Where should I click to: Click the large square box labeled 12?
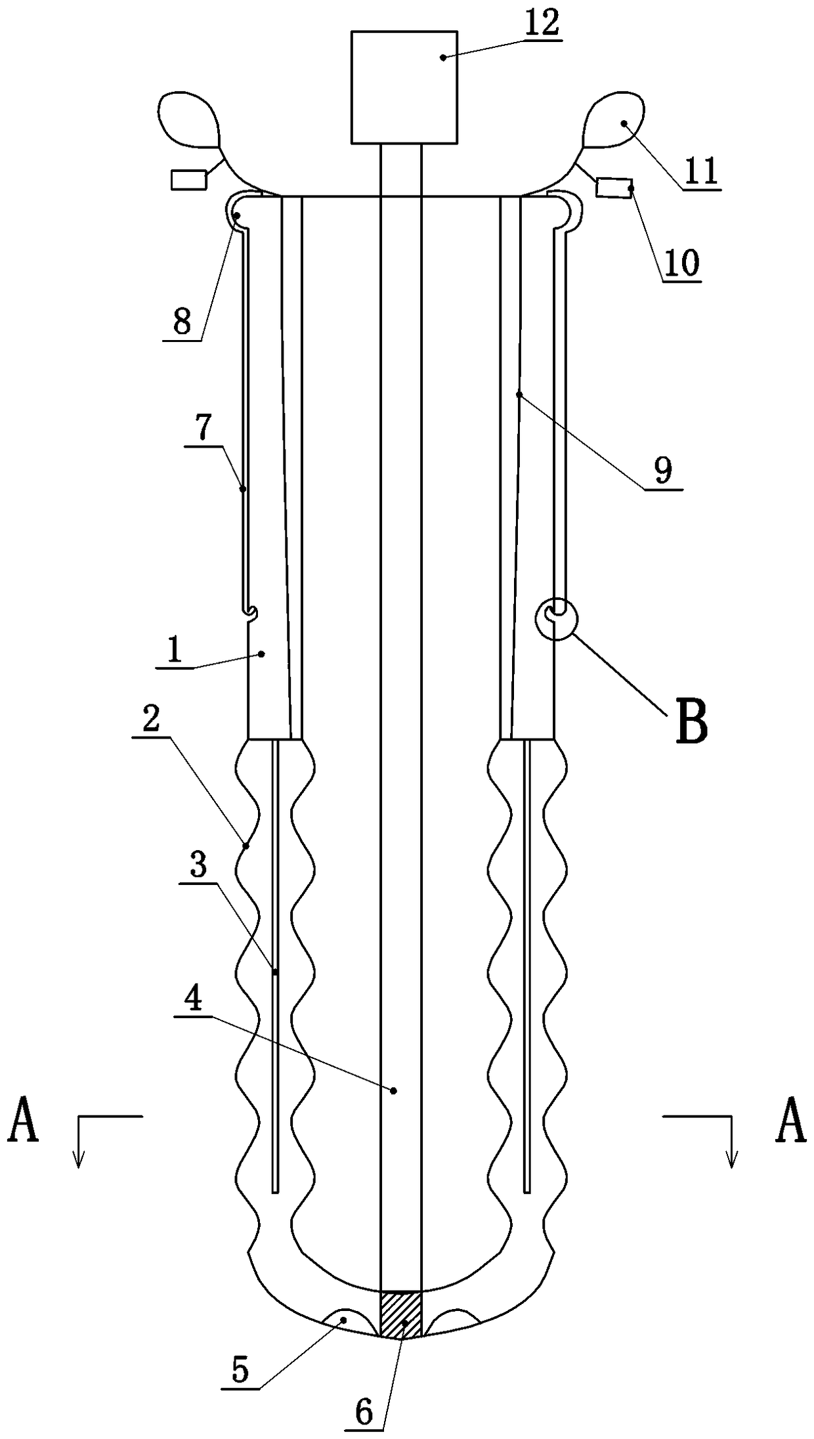[x=404, y=87]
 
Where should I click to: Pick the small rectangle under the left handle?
[x=188, y=179]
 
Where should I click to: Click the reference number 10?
[x=682, y=264]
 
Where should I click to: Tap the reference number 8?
[x=182, y=322]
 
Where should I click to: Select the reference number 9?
[x=663, y=471]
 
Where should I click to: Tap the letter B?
[x=692, y=722]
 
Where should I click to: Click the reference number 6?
[x=364, y=1409]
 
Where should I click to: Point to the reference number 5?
[x=241, y=1367]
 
